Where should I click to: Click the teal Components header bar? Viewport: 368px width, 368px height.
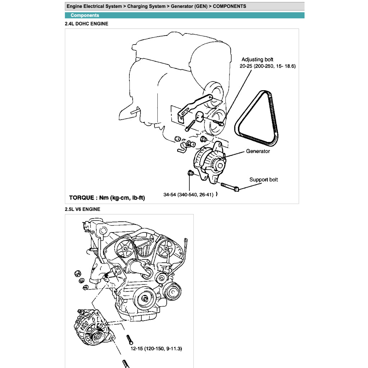[184, 15]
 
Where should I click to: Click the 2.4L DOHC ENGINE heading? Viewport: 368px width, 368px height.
[86, 24]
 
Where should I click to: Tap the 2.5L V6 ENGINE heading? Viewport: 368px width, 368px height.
[82, 209]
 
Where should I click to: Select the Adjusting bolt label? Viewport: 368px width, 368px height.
[257, 60]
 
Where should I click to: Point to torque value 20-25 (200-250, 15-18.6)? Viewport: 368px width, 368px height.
[267, 66]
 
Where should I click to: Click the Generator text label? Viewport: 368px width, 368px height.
[258, 151]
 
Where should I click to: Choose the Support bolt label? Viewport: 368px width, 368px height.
[263, 180]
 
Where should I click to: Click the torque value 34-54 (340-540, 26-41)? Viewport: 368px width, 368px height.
[188, 195]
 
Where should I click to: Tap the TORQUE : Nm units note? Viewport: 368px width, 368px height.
[107, 198]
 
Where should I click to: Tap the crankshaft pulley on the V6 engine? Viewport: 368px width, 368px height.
[145, 299]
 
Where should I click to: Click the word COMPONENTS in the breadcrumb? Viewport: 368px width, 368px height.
[229, 6]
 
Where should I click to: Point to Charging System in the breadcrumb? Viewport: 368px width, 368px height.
[146, 6]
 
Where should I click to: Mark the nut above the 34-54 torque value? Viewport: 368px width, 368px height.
[191, 174]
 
